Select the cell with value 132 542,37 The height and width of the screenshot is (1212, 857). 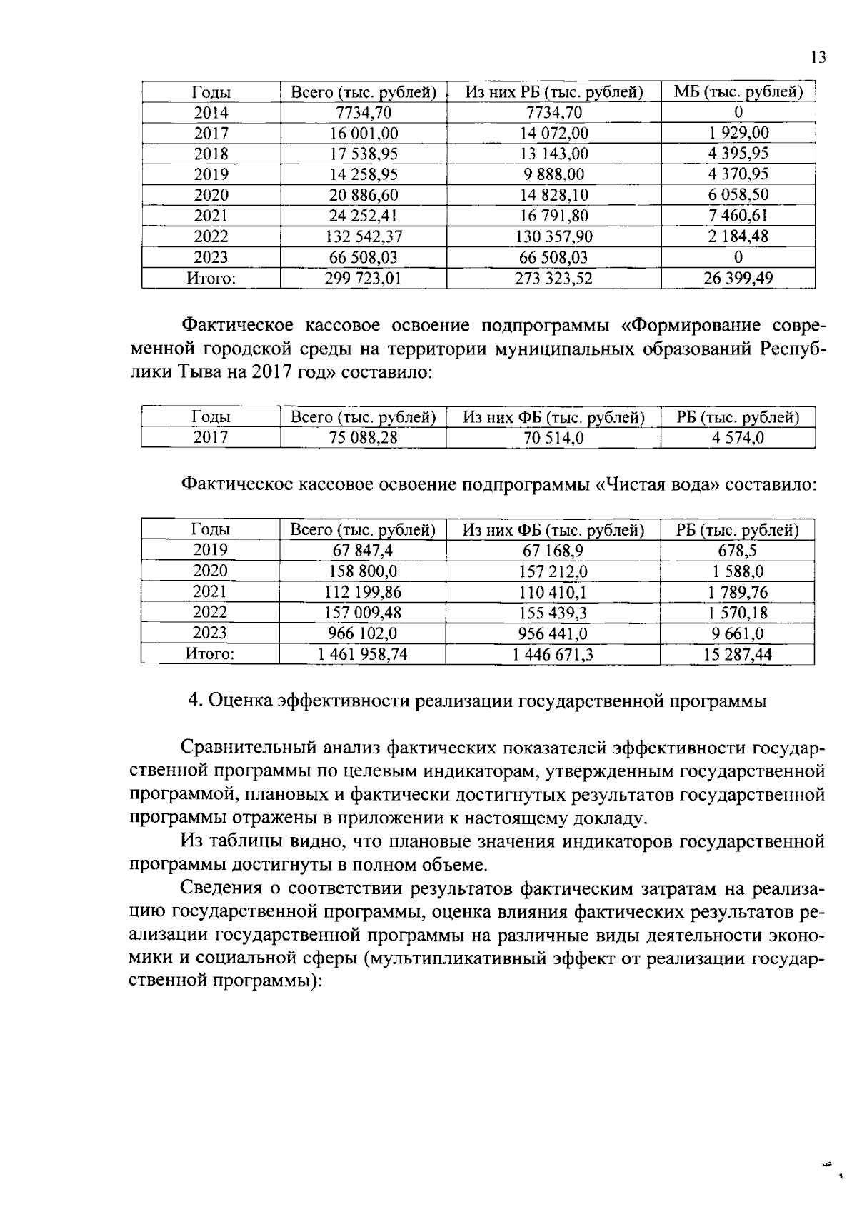(363, 236)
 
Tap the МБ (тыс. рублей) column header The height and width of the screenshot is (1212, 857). (738, 92)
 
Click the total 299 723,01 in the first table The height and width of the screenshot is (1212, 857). (363, 279)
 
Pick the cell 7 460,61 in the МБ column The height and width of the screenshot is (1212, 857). (738, 216)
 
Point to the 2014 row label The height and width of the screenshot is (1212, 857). (211, 113)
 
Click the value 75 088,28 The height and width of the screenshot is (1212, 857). (363, 438)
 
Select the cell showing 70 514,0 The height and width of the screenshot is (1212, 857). (553, 438)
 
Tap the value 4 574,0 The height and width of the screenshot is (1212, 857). (738, 438)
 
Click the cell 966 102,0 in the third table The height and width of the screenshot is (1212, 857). (363, 633)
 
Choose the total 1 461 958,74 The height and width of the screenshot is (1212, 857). (363, 654)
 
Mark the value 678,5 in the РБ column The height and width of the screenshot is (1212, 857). (738, 550)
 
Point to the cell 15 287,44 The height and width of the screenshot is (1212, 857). (738, 654)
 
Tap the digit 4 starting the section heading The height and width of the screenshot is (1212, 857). (194, 701)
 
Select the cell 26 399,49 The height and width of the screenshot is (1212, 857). (738, 279)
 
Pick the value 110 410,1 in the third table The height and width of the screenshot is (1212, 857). (553, 592)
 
